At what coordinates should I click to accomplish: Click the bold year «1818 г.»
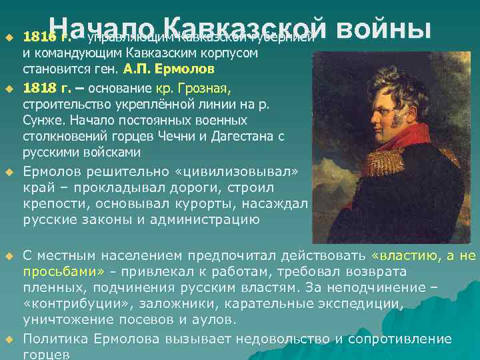45,87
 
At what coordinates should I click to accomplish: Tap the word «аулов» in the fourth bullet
212,319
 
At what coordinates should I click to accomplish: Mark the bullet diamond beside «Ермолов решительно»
9,173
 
